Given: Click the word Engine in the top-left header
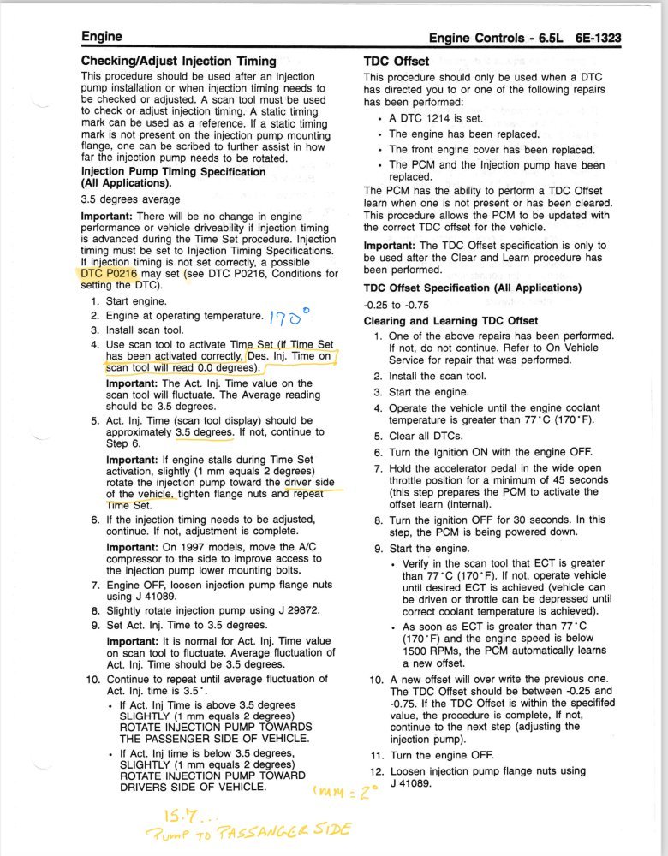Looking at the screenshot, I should [102, 36].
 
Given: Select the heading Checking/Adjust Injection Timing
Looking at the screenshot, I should [178, 61].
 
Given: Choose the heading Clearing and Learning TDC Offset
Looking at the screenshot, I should [451, 320].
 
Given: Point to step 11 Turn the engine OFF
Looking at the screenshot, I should [441, 755].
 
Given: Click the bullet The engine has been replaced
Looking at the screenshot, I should [463, 134].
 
